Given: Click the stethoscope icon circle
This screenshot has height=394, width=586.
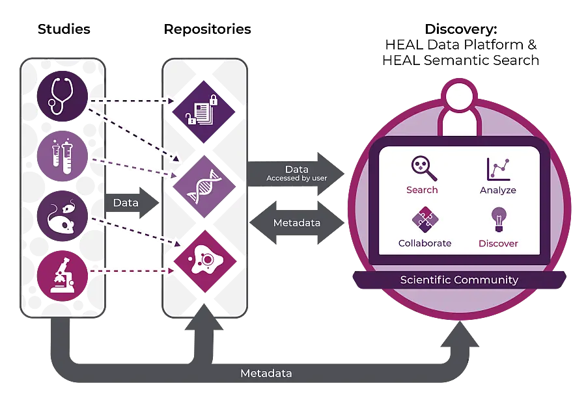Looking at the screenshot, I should (x=62, y=95).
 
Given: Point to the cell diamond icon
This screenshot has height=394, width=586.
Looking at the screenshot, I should (x=205, y=260).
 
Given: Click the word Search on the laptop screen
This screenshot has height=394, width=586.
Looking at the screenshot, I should (x=422, y=190).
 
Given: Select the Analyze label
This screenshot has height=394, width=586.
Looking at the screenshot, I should (x=498, y=190).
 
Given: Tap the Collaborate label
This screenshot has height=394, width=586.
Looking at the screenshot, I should (x=425, y=243).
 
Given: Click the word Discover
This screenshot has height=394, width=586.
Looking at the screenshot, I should (x=498, y=243).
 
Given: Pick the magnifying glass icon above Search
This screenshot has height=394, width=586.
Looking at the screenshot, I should (x=424, y=168).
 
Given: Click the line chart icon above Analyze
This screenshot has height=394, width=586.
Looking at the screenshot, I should (x=498, y=168).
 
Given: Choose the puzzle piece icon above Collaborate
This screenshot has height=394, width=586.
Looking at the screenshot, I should (x=424, y=220).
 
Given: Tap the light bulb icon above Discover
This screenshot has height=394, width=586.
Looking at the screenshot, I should (x=499, y=220).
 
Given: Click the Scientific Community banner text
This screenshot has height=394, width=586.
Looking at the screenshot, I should (x=459, y=280).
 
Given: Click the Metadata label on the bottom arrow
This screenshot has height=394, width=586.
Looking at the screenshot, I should (x=266, y=374).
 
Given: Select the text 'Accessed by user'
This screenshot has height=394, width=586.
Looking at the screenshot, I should (x=296, y=178).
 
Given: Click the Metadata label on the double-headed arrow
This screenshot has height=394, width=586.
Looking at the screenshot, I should (x=296, y=223).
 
